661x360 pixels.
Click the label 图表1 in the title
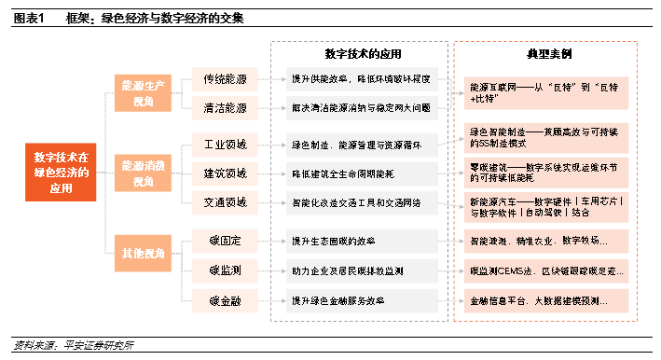pyautogui.click(x=30, y=18)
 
